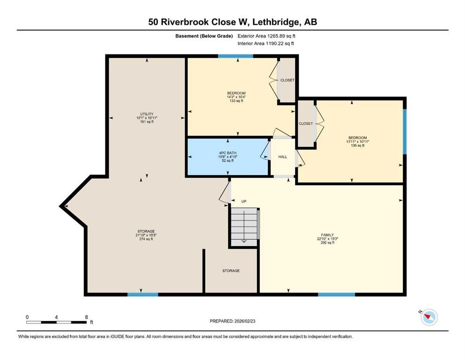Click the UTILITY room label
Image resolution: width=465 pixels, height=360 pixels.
pyautogui.click(x=146, y=114)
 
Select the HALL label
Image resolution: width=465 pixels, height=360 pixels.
pyautogui.click(x=282, y=157)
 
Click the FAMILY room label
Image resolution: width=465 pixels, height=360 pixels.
pyautogui.click(x=327, y=235)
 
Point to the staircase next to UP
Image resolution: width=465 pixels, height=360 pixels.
pyautogui.click(x=244, y=226)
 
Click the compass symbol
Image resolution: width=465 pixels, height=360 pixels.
pyautogui.click(x=428, y=317)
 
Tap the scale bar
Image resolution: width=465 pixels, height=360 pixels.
pyautogui.click(x=56, y=322)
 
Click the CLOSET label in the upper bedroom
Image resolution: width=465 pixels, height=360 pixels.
pyautogui.click(x=287, y=80)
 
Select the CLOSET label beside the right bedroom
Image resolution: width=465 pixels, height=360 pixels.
pyautogui.click(x=305, y=123)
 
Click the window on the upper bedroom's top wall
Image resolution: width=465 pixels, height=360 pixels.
pyautogui.click(x=236, y=56)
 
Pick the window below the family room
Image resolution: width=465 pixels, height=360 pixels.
pyautogui.click(x=336, y=294)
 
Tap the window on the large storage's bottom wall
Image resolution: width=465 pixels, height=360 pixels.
pyautogui.click(x=143, y=294)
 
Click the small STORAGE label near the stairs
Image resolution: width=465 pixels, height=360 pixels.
pyautogui.click(x=231, y=271)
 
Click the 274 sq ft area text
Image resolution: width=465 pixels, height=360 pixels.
pyautogui.click(x=146, y=239)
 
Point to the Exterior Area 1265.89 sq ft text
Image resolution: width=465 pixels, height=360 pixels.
pyautogui.click(x=266, y=36)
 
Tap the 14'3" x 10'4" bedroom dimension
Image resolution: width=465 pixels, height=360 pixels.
pyautogui.click(x=236, y=97)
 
